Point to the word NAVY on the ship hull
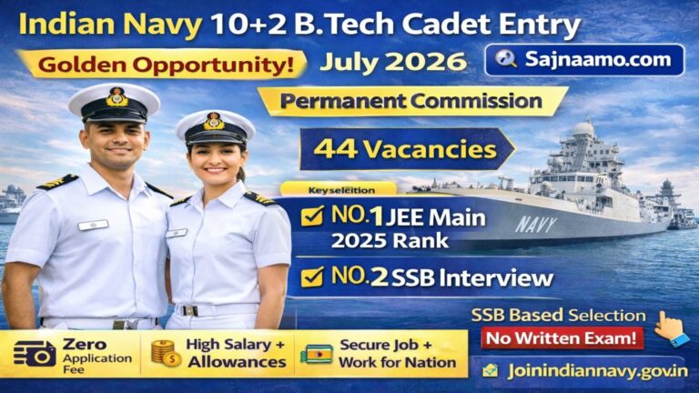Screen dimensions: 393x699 pos(537,224)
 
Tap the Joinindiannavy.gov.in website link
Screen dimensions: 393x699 pos(581,371)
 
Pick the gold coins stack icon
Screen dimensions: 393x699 pos(163,354)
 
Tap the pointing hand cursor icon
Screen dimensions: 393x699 pos(671,327)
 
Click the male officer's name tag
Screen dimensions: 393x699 pos(93,225)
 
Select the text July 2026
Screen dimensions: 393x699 pos(393,62)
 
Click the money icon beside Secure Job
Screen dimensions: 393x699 pos(315,354)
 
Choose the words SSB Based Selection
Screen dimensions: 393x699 pos(558,315)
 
